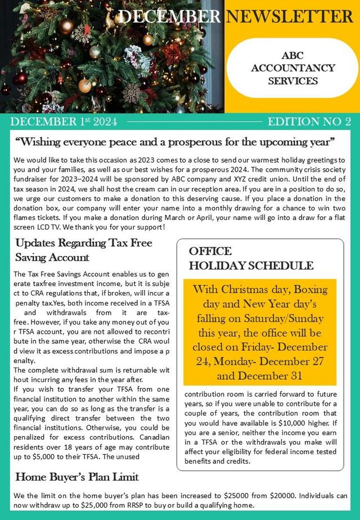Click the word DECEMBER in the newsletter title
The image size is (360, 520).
click(169, 16)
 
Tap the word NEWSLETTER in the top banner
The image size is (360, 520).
click(289, 16)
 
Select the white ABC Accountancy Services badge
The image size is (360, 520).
click(292, 68)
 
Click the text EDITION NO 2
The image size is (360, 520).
click(309, 122)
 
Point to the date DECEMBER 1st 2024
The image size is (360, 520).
click(64, 122)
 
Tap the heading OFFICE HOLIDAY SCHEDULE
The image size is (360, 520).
click(250, 258)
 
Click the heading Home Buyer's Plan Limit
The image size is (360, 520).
click(77, 477)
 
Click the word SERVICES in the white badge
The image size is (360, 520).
click(292, 80)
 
